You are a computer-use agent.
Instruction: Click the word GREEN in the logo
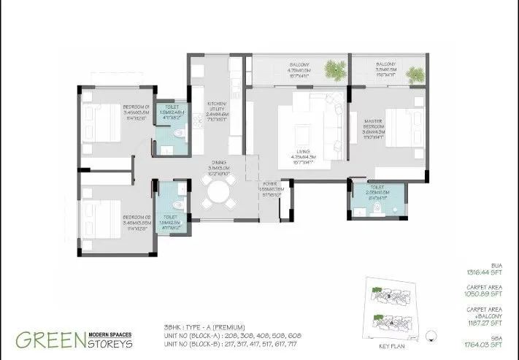(48, 340)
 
